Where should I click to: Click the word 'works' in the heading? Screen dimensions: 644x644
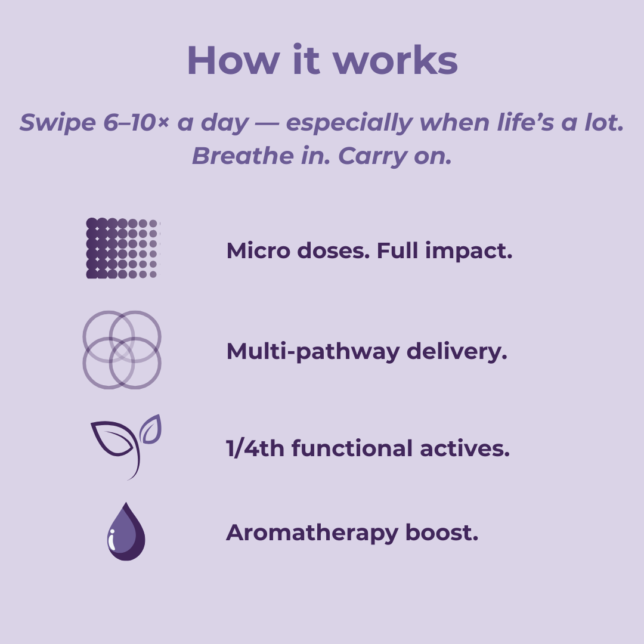395,60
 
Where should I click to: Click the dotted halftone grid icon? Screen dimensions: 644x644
122,248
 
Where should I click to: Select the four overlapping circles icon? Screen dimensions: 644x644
122,350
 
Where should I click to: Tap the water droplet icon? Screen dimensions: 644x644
126,532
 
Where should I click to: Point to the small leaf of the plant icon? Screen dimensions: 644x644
151,430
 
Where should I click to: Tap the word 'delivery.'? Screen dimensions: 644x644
457,352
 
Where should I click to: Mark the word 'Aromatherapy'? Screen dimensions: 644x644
312,533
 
